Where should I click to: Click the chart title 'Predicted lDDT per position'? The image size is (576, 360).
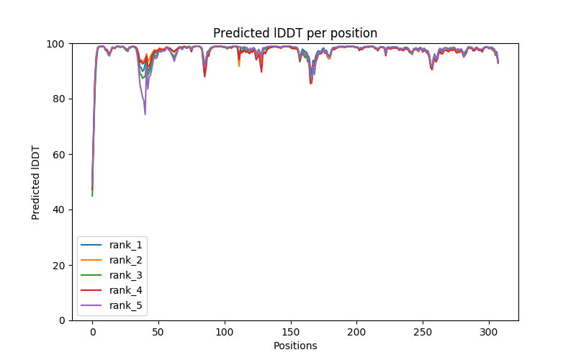tap(295, 33)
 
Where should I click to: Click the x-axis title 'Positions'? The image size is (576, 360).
tap(295, 346)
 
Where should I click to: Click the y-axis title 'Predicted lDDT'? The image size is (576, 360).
tap(36, 181)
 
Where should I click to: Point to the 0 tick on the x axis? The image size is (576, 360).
tap(92, 330)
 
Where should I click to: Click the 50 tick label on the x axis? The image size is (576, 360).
tap(158, 330)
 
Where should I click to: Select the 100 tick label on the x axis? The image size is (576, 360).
tap(225, 330)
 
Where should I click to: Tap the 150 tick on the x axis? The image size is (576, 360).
tap(291, 330)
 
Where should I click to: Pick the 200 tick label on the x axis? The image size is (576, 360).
tap(356, 330)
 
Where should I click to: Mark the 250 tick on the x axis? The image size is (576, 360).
tap(423, 330)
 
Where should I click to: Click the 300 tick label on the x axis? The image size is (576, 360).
tap(489, 330)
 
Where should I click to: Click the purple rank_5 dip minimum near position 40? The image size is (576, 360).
tap(145, 114)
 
